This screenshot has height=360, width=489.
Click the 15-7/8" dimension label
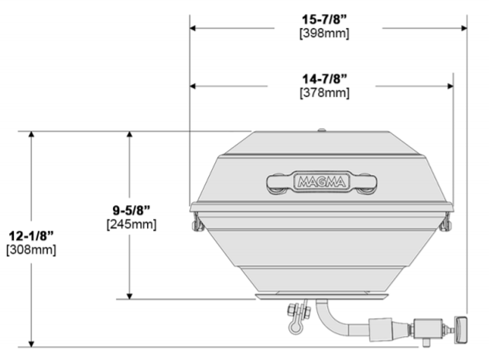(x=324, y=19)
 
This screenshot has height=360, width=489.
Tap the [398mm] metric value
(x=324, y=33)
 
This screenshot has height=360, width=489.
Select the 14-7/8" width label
(x=324, y=79)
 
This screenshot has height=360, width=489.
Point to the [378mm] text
(x=324, y=93)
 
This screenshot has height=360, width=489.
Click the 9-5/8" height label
(x=132, y=211)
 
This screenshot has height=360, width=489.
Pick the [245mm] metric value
(x=132, y=225)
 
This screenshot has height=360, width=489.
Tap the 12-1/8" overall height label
(x=31, y=236)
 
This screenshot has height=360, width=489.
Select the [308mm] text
(x=31, y=250)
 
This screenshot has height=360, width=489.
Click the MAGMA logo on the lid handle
(x=322, y=182)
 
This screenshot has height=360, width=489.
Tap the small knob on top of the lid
(x=322, y=130)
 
